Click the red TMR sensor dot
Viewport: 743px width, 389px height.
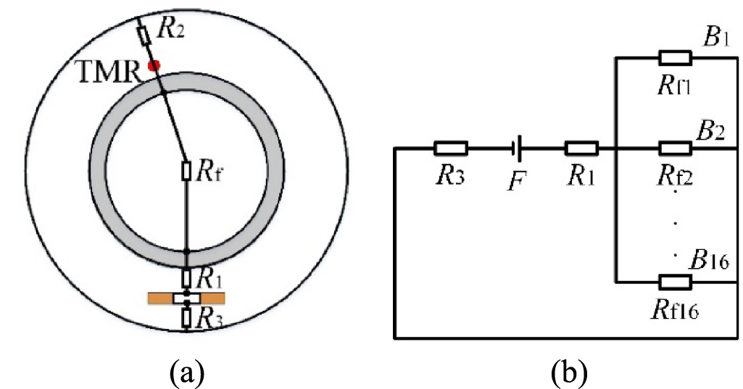point(153,66)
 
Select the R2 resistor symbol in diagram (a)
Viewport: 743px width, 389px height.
point(144,34)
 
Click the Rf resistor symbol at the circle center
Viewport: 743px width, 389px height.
point(186,171)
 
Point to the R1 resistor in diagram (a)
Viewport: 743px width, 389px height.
point(186,277)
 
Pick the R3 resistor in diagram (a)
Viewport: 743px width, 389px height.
point(186,317)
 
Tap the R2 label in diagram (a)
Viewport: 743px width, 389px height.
point(171,29)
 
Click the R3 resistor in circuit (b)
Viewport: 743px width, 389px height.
point(451,149)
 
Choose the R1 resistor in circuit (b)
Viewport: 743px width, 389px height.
point(581,149)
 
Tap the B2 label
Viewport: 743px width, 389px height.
point(711,133)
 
